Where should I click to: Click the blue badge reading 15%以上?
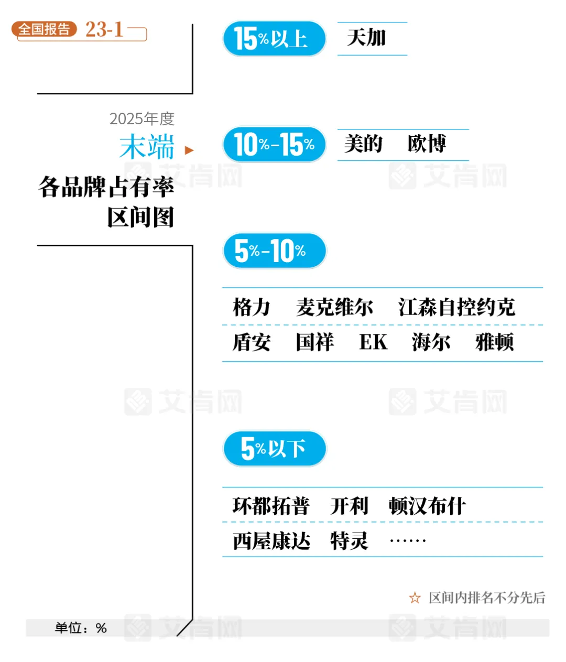click(x=274, y=39)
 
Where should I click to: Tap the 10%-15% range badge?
click(x=274, y=144)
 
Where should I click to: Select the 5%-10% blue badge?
click(x=274, y=251)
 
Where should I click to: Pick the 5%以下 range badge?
click(x=274, y=449)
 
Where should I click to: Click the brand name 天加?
click(x=366, y=38)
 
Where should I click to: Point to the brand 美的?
click(x=363, y=144)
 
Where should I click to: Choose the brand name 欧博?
click(x=427, y=144)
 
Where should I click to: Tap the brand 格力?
click(x=252, y=307)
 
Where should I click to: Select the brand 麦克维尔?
click(x=334, y=307)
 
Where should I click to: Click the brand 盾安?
click(x=252, y=342)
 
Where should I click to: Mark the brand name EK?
click(x=373, y=342)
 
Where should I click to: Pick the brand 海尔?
click(x=431, y=342)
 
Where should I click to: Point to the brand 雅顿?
click(x=494, y=342)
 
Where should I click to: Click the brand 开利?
click(x=349, y=506)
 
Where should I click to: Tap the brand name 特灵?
click(x=349, y=540)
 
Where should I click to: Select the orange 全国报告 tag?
click(x=44, y=29)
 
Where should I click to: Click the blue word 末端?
click(x=147, y=147)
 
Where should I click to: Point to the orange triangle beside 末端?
click(x=189, y=150)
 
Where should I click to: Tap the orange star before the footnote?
click(x=415, y=598)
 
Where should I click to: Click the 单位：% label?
click(x=81, y=628)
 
